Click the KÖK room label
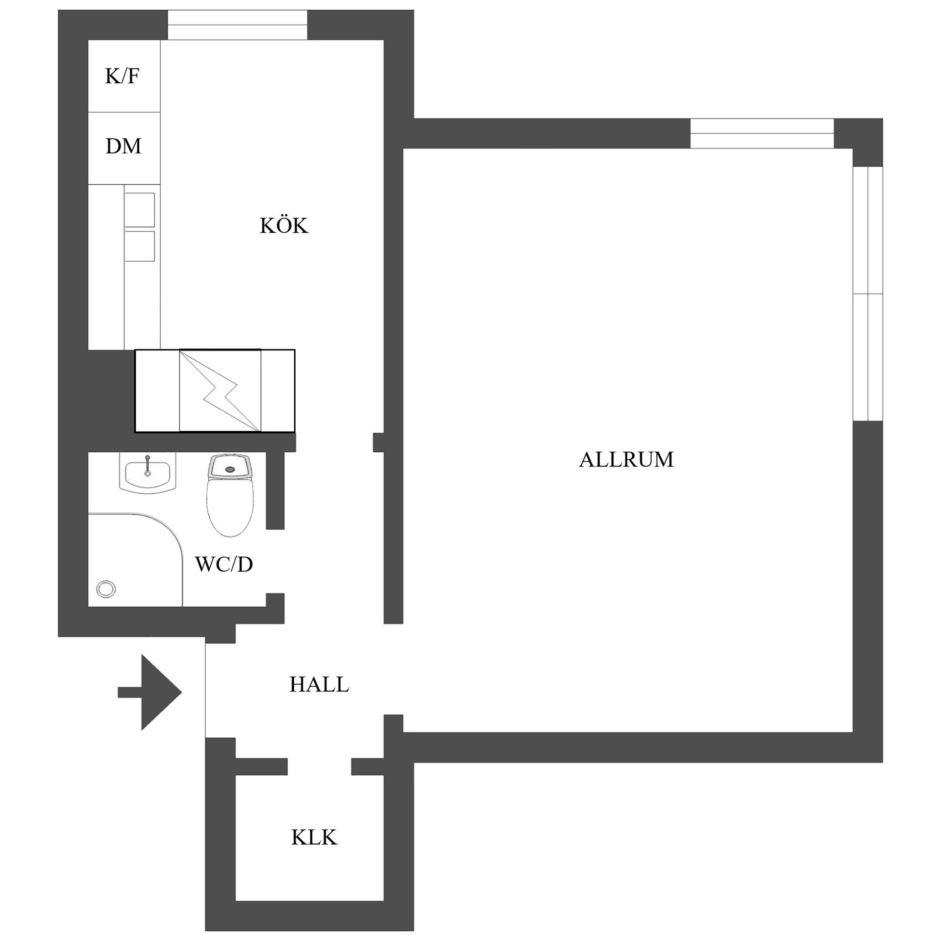[x=284, y=226]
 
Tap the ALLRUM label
[x=626, y=460]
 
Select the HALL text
[x=319, y=684]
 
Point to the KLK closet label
[x=314, y=838]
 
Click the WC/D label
[x=224, y=565]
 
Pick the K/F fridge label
[x=122, y=76]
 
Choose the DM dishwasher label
[x=124, y=146]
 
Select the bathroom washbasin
[x=147, y=473]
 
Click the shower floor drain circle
[x=106, y=589]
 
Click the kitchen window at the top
[x=238, y=25]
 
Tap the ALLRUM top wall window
[x=762, y=133]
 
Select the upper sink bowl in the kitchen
[x=140, y=210]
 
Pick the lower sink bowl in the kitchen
[x=140, y=247]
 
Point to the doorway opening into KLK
[x=319, y=767]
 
